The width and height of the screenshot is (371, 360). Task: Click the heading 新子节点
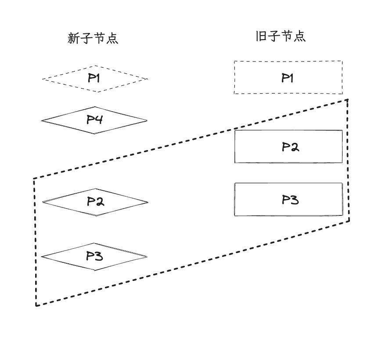click(x=93, y=39)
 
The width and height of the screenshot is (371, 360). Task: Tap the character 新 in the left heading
click(x=74, y=39)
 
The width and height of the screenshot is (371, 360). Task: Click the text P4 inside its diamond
click(x=94, y=119)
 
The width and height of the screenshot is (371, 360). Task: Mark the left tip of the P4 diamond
click(x=42, y=120)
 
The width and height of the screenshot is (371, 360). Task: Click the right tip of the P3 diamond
click(x=148, y=256)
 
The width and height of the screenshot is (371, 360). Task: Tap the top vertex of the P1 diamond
click(x=95, y=66)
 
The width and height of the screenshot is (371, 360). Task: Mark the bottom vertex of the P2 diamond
click(x=95, y=216)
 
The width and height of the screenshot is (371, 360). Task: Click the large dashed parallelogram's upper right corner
click(x=348, y=100)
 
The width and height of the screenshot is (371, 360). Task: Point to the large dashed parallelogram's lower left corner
click(x=36, y=305)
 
